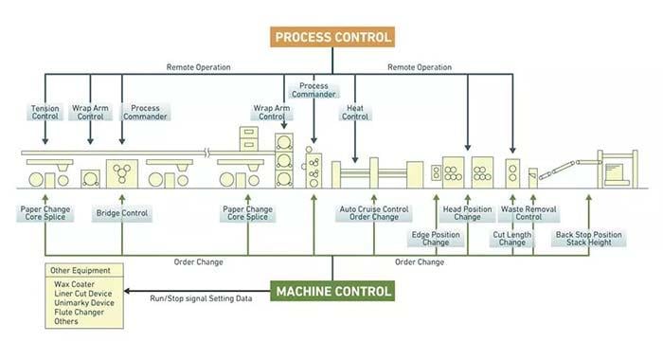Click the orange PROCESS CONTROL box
[x=331, y=37]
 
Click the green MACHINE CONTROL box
[x=332, y=292]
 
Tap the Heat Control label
[x=354, y=113]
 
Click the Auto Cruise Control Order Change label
[x=374, y=213]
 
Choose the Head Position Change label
[x=468, y=213]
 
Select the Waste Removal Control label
[x=522, y=213]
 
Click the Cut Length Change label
[x=512, y=238]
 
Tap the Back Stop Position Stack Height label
[x=588, y=238]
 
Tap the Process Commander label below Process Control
[x=314, y=91]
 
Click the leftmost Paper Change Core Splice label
[x=43, y=213]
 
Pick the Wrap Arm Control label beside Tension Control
[x=92, y=113]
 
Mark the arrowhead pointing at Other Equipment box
[x=130, y=292]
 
